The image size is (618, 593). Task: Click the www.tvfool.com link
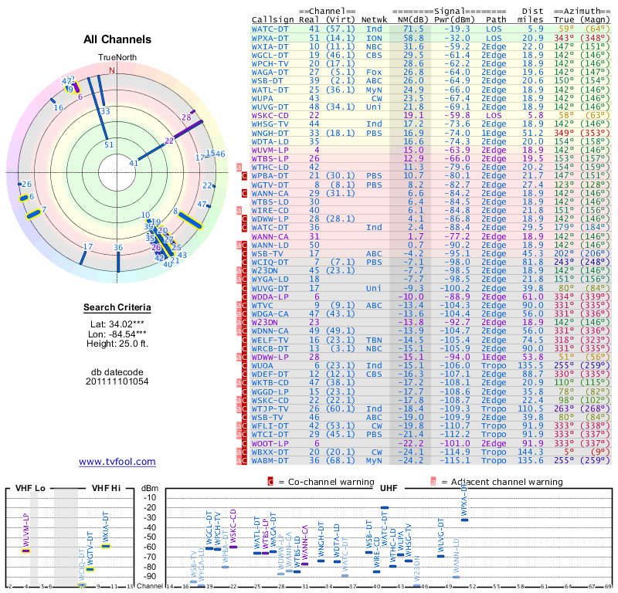(x=117, y=462)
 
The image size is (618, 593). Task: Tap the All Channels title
(x=117, y=39)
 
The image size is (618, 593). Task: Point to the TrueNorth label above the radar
(x=117, y=59)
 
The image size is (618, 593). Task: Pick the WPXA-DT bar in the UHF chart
(x=464, y=520)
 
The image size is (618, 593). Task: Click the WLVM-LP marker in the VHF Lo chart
(x=25, y=550)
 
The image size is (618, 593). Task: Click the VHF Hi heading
(x=105, y=489)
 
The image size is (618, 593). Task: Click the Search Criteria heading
(x=117, y=308)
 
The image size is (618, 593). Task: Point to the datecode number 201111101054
(x=117, y=381)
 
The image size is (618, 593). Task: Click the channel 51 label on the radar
(x=110, y=144)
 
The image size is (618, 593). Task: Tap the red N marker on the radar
(x=113, y=70)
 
